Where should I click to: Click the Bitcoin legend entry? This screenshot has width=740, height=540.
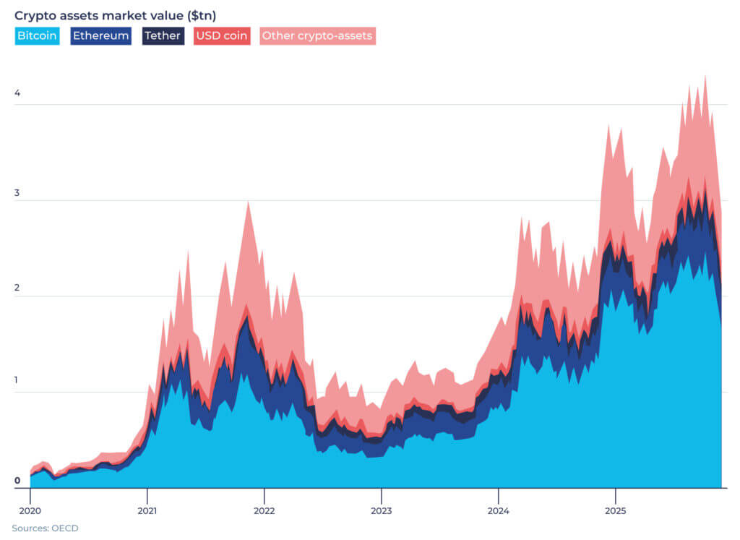[37, 36]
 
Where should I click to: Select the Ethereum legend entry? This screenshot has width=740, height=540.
[100, 36]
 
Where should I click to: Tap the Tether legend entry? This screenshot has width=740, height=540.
[163, 36]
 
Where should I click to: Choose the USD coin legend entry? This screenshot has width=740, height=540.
[222, 36]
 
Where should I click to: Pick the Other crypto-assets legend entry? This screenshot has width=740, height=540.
[317, 36]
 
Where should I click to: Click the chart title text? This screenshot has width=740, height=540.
[115, 15]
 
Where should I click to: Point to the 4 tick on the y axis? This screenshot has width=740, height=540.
[17, 93]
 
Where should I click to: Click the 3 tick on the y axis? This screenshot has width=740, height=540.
[17, 189]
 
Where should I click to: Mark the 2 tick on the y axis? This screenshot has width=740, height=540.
[17, 286]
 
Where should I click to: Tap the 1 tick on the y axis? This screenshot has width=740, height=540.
[17, 382]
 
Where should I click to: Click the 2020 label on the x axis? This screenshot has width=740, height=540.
[30, 500]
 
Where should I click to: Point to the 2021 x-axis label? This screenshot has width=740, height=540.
[147, 500]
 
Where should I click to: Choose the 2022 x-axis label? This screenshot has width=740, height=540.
[264, 500]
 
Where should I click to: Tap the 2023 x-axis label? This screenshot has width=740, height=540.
[382, 500]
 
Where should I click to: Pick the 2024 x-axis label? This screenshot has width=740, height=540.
[499, 500]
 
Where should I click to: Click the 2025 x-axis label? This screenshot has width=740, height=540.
[615, 500]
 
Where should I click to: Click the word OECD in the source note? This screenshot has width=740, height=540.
[65, 528]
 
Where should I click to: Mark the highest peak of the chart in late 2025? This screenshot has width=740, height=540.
[705, 75]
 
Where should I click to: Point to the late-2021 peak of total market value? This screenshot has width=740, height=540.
[248, 202]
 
